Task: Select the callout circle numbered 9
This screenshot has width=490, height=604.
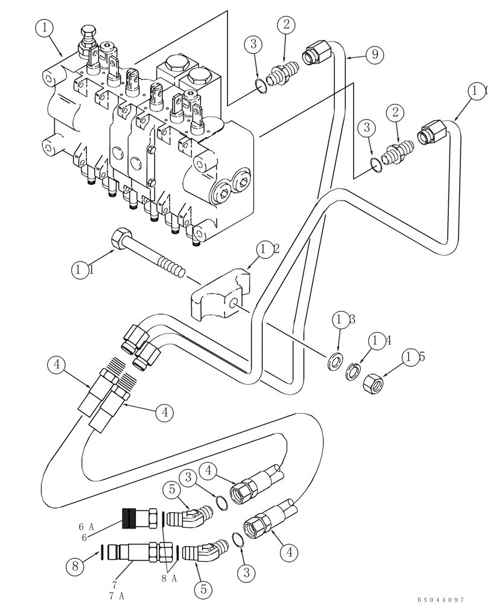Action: tap(375, 55)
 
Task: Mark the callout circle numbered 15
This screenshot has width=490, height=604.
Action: tap(415, 358)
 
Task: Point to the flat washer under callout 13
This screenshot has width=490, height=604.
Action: tap(333, 363)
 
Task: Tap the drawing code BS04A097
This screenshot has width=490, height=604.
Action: tap(441, 599)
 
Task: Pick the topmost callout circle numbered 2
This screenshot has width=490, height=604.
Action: tap(286, 25)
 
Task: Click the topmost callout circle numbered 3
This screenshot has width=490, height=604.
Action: tap(253, 43)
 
